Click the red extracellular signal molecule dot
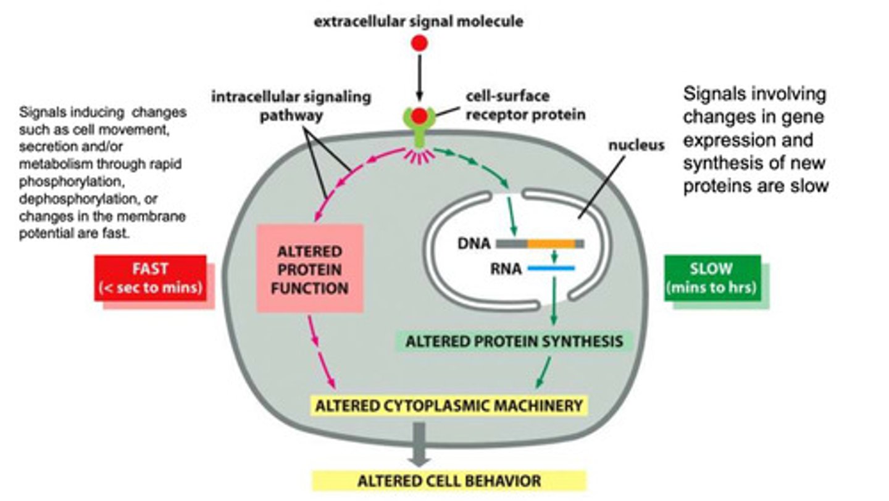420,43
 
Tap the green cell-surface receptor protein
419,126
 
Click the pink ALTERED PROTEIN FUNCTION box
310,269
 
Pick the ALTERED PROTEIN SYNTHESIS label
513,341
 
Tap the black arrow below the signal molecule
420,77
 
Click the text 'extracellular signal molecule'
419,22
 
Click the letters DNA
474,243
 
